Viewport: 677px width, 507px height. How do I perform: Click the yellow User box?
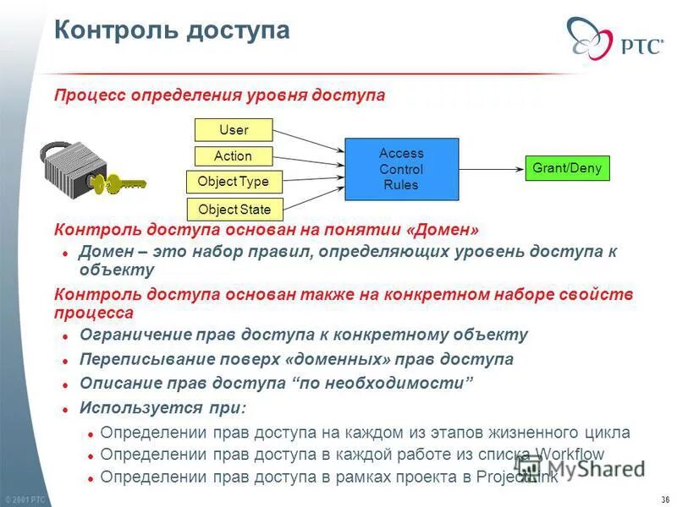coord(234,130)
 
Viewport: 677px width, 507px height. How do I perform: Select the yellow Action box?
coord(233,156)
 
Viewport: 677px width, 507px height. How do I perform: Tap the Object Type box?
coord(233,182)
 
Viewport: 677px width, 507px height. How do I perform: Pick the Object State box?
coord(234,210)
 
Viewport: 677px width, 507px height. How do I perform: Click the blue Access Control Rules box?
coord(401,169)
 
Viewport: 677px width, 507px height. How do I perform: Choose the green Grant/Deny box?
coord(567,168)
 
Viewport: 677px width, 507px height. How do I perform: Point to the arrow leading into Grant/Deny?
coord(492,169)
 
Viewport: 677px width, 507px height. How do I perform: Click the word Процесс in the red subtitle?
coord(89,95)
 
